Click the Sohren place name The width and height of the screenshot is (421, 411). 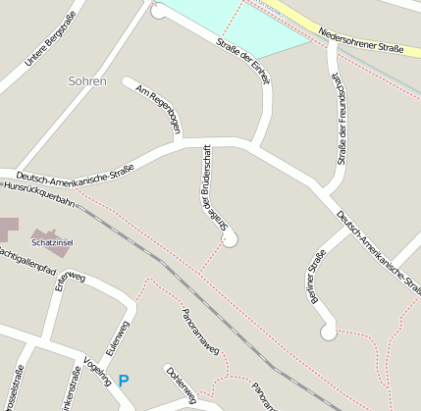pyautogui.click(x=87, y=81)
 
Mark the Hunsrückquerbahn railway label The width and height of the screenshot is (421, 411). pyautogui.click(x=38, y=192)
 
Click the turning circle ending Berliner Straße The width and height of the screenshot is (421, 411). pyautogui.click(x=328, y=333)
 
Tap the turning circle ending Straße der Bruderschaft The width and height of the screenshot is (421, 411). pyautogui.click(x=230, y=239)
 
